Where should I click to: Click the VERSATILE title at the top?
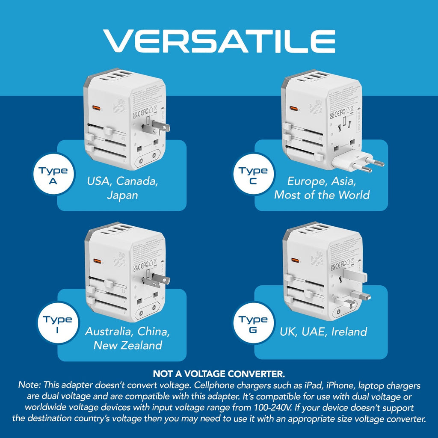[x=219, y=41]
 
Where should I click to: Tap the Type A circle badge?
[x=53, y=176]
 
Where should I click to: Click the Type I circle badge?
[x=57, y=325]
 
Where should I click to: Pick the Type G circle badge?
[x=253, y=325]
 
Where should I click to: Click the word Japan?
[x=123, y=195]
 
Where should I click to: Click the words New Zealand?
[x=128, y=345]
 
